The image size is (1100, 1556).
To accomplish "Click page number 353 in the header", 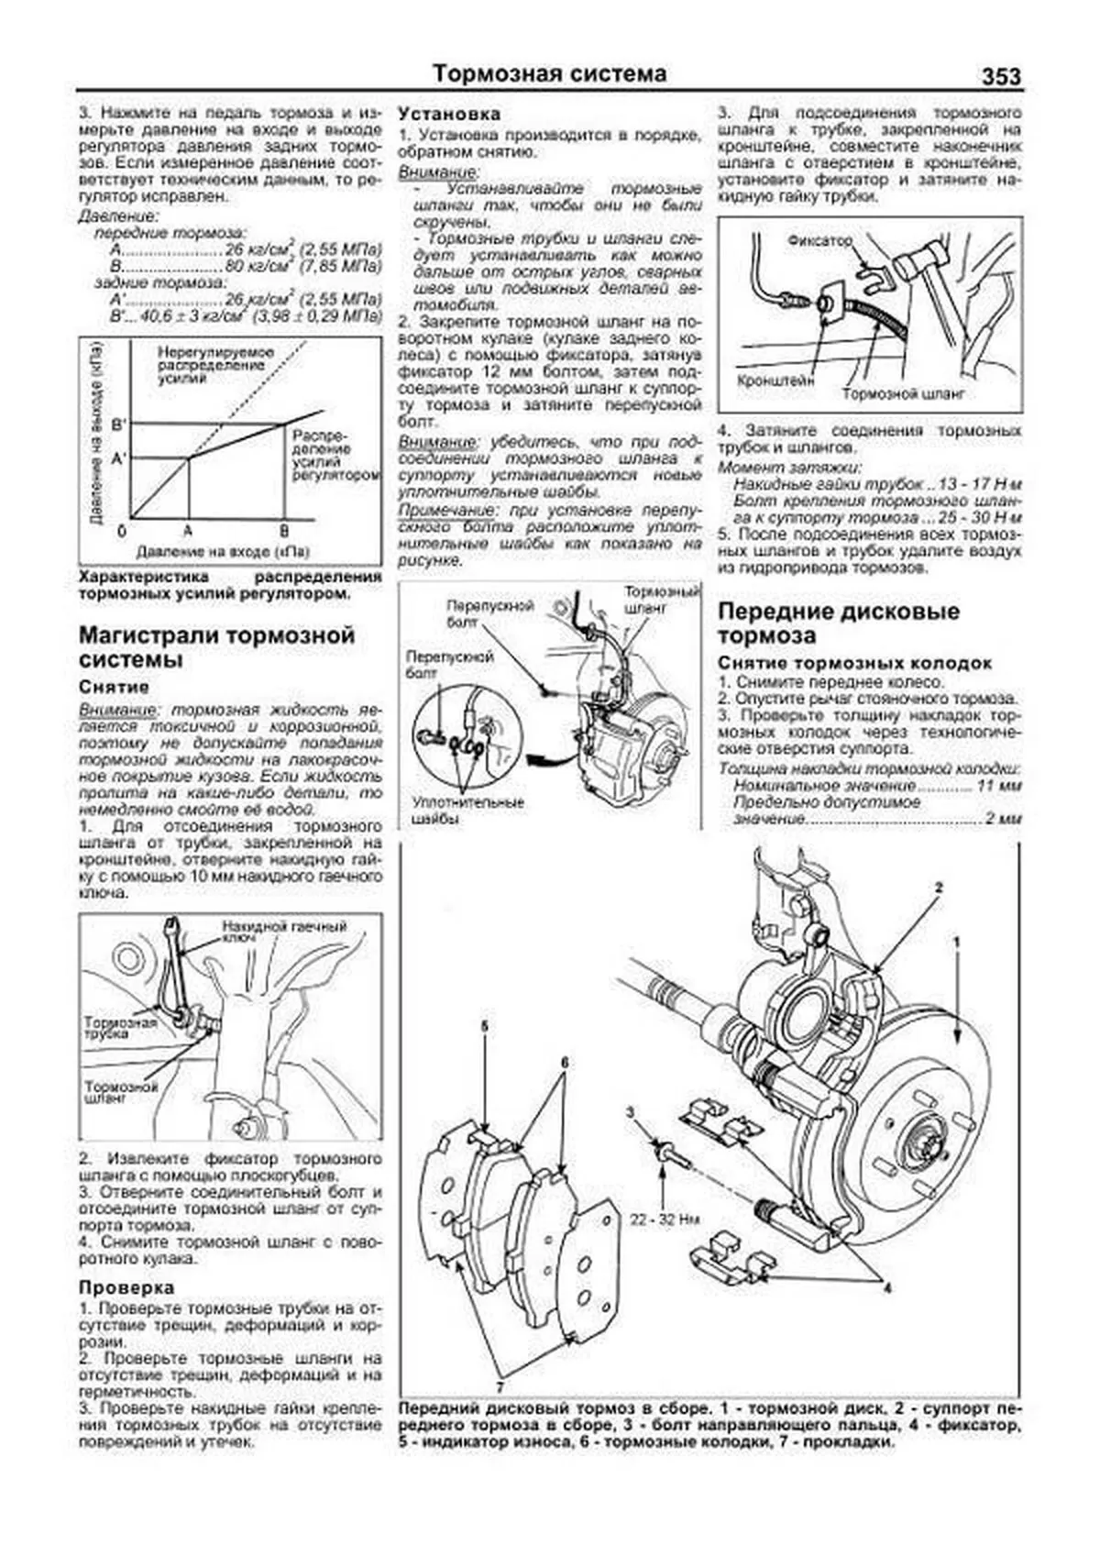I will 1001,77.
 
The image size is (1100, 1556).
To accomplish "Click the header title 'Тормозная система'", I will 549,73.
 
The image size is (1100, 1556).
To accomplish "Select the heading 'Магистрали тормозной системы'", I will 216,647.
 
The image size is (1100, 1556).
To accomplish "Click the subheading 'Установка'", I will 449,114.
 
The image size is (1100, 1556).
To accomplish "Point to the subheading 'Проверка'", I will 126,1287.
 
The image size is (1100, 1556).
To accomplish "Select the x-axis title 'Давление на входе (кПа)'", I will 223,552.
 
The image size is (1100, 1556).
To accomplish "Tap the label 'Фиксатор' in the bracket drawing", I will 819,240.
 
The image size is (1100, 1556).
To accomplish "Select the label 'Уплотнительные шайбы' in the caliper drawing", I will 467,811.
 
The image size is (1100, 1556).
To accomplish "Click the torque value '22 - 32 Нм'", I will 665,1220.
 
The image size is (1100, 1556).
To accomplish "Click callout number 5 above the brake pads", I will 485,1027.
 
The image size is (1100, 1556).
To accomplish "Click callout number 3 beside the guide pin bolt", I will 631,1112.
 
